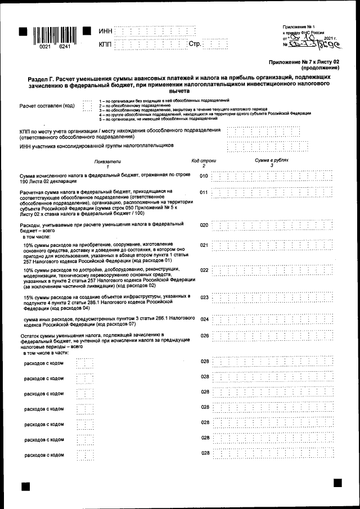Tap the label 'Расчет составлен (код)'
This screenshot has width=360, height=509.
pyautogui.click(x=47, y=105)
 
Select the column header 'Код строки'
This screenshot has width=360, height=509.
pyautogui.click(x=204, y=160)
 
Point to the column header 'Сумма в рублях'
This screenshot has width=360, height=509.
pyautogui.click(x=271, y=160)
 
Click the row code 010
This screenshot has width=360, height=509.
pyautogui.click(x=204, y=176)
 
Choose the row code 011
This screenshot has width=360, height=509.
pyautogui.click(x=204, y=192)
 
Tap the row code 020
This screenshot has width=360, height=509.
pyautogui.click(x=204, y=225)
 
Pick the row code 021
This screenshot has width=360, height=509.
pyautogui.click(x=204, y=245)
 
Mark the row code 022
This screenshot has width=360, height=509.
pyautogui.click(x=204, y=270)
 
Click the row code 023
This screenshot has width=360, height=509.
pyautogui.click(x=204, y=297)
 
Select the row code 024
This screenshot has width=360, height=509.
pyautogui.click(x=204, y=319)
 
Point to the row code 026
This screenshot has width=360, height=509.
pyautogui.click(x=204, y=336)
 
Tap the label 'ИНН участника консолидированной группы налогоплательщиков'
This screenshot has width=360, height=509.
pyautogui.click(x=97, y=146)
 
